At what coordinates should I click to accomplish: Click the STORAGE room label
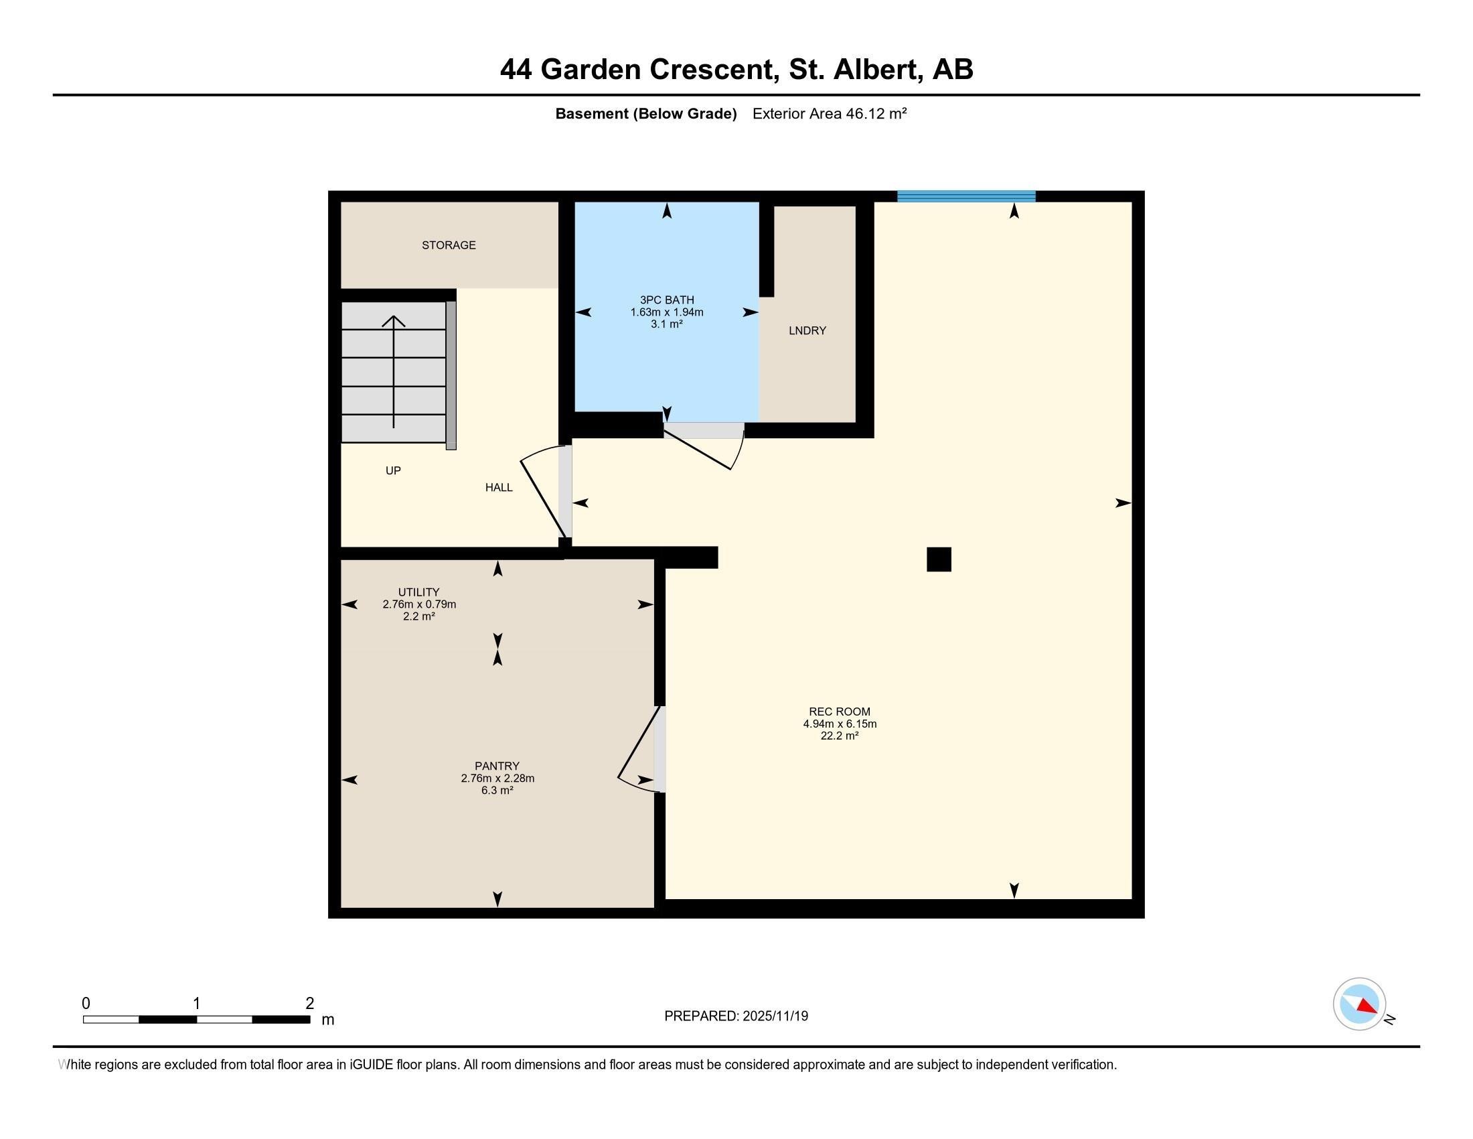pyautogui.click(x=449, y=245)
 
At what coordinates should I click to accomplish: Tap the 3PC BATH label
pyautogui.click(x=666, y=299)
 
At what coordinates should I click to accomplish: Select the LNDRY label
pyautogui.click(x=807, y=330)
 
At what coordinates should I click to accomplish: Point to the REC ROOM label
pyautogui.click(x=840, y=711)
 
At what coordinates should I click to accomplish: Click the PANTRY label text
pyautogui.click(x=497, y=766)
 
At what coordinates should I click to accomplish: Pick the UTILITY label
pyautogui.click(x=419, y=592)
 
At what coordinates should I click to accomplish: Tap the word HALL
pyautogui.click(x=499, y=487)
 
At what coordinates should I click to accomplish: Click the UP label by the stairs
pyautogui.click(x=393, y=470)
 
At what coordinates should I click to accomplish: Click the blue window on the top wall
pyautogui.click(x=965, y=196)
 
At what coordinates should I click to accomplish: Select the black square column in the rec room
pyautogui.click(x=939, y=559)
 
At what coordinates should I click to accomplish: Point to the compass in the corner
pyautogui.click(x=1359, y=1004)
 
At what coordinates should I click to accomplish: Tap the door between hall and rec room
pyautogui.click(x=546, y=492)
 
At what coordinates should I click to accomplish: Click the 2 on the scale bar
pyautogui.click(x=309, y=1004)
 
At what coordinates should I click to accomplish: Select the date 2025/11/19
pyautogui.click(x=775, y=1016)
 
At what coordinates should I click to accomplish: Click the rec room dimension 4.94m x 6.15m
pyautogui.click(x=840, y=724)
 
